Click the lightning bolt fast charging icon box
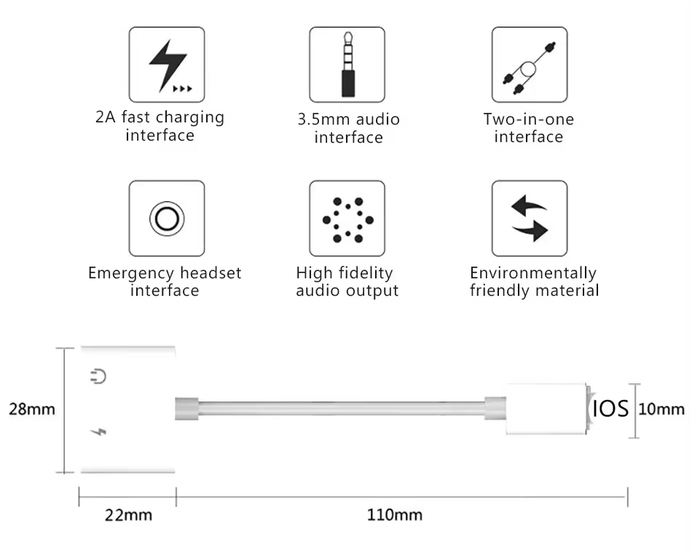coord(167,64)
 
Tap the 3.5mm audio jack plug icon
coord(347,64)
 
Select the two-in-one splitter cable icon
coord(529,64)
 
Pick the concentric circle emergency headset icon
coord(167,218)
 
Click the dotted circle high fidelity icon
coord(347,218)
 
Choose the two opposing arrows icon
coord(529,218)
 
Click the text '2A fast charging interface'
coord(160,126)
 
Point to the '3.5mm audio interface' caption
coord(348,128)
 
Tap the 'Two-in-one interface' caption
coord(529,128)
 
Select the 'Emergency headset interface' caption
coord(165,282)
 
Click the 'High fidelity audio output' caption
coord(347,282)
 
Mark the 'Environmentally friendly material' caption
coord(534,282)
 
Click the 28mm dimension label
coord(32,409)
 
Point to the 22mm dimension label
coord(129,515)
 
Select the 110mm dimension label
coord(394,515)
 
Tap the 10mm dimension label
coord(661,409)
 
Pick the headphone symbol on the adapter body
coord(99,377)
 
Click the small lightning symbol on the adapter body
coord(99,434)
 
